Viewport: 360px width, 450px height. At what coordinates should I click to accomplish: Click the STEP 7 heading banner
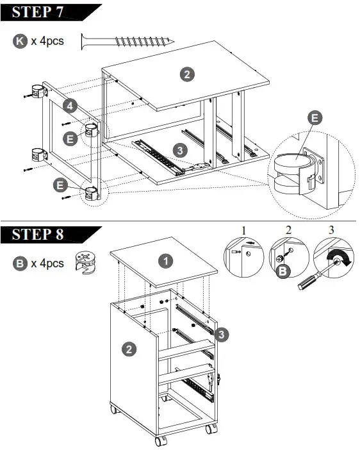[x=48, y=12]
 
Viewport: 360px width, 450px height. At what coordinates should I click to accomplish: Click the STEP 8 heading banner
[x=48, y=234]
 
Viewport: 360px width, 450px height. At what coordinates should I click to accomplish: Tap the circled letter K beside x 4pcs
[x=20, y=41]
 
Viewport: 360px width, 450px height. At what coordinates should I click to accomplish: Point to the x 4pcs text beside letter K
[x=47, y=41]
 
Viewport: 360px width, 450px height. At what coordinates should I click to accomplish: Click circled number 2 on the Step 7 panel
[x=186, y=74]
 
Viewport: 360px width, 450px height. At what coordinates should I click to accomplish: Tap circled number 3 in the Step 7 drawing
[x=181, y=150]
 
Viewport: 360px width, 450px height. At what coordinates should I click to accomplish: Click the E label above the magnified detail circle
[x=315, y=118]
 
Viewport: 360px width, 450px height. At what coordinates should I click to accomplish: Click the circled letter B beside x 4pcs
[x=20, y=263]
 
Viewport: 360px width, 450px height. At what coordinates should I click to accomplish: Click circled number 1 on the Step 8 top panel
[x=166, y=261]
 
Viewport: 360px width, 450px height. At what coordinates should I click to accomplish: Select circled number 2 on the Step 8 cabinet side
[x=129, y=349]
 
